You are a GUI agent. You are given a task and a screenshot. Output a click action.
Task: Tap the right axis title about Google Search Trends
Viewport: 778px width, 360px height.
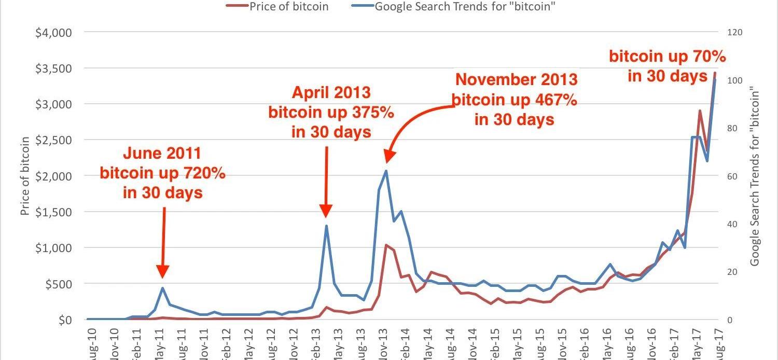point(755,177)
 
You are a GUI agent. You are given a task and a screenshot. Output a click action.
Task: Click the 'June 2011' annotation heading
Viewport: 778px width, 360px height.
point(162,154)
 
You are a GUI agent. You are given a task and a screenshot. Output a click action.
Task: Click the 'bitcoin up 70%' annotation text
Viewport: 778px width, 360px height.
point(667,57)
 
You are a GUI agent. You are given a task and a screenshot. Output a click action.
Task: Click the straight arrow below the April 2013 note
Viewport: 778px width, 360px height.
point(326,182)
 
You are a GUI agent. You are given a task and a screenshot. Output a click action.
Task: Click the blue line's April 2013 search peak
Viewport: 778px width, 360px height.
point(326,226)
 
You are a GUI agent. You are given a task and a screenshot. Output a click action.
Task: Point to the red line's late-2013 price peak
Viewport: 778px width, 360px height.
point(386,245)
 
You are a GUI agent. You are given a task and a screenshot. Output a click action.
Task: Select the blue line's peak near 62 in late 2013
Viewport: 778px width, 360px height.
point(386,171)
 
